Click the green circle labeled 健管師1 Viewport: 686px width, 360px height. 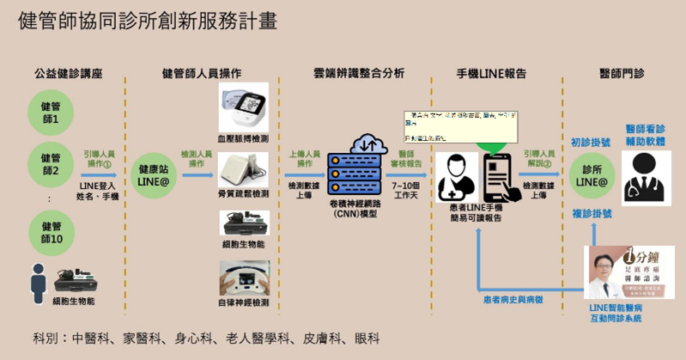coord(50,112)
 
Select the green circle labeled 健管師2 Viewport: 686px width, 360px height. coord(50,164)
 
